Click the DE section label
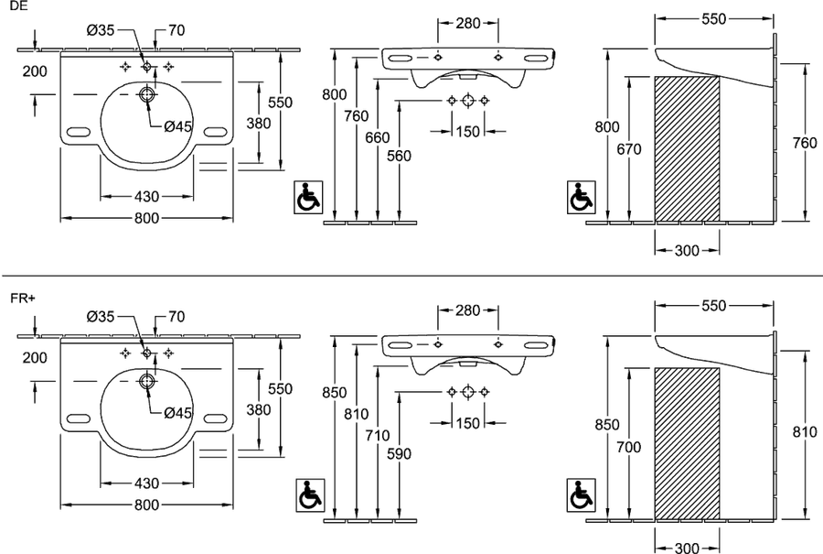pyautogui.click(x=16, y=6)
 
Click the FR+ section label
pyautogui.click(x=22, y=298)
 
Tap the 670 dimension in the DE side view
pyautogui.click(x=629, y=150)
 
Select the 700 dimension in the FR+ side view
pyautogui.click(x=629, y=447)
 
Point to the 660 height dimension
pyautogui.click(x=378, y=137)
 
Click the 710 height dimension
pyautogui.click(x=378, y=436)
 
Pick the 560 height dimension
pyautogui.click(x=399, y=156)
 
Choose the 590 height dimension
pyautogui.click(x=399, y=453)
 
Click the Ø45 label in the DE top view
pyautogui.click(x=178, y=126)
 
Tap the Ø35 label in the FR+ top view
pyautogui.click(x=101, y=317)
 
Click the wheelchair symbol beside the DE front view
pyautogui.click(x=309, y=198)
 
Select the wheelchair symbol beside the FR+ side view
pyautogui.click(x=582, y=495)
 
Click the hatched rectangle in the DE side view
pyautogui.click(x=687, y=148)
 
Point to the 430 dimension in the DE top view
pyautogui.click(x=146, y=197)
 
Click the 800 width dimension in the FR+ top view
pyautogui.click(x=146, y=505)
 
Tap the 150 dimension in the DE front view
pyautogui.click(x=467, y=131)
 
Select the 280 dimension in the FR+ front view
pyautogui.click(x=467, y=310)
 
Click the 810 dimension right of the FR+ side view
pyautogui.click(x=805, y=432)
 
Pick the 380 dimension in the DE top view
pyautogui.click(x=259, y=124)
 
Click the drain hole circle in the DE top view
pyautogui.click(x=147, y=94)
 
